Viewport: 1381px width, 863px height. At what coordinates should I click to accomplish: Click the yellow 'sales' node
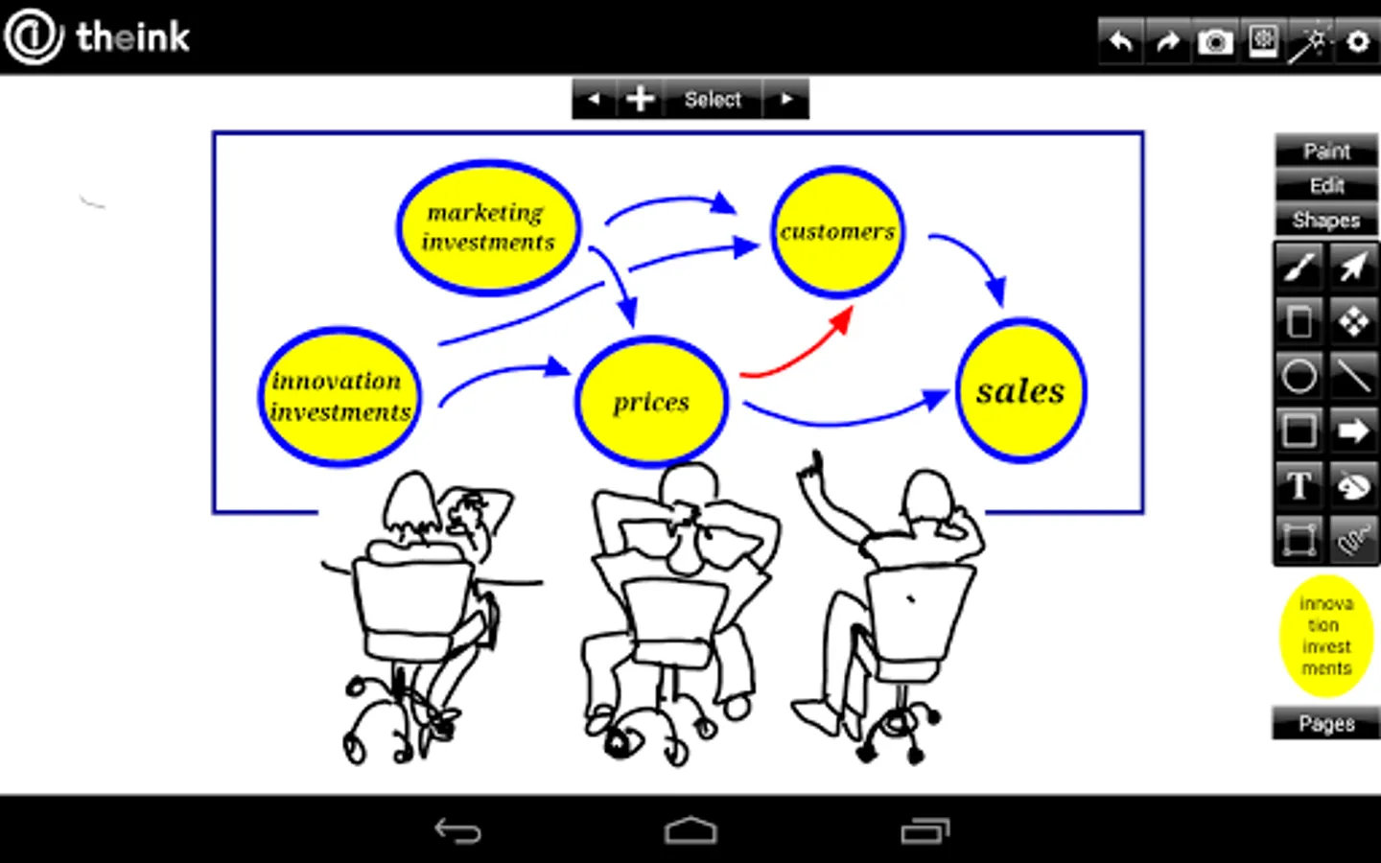[x=1021, y=391]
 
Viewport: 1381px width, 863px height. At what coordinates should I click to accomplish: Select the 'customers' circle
[x=838, y=232]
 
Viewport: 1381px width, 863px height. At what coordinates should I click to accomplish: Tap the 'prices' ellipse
[x=652, y=402]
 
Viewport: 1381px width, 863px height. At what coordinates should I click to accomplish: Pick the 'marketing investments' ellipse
[x=488, y=227]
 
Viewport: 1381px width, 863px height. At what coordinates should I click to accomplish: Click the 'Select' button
[x=713, y=99]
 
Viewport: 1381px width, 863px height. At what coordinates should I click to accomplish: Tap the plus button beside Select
[x=640, y=99]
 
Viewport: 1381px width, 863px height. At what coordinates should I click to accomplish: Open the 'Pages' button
[x=1326, y=723]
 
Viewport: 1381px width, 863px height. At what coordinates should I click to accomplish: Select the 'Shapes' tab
[x=1326, y=221]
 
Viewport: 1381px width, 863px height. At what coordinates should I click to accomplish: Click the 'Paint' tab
[x=1326, y=152]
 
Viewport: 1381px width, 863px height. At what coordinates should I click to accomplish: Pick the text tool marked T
[x=1299, y=485]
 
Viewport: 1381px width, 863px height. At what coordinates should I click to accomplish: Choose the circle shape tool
[x=1299, y=376]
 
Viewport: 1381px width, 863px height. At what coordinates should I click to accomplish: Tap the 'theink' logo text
[x=132, y=37]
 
